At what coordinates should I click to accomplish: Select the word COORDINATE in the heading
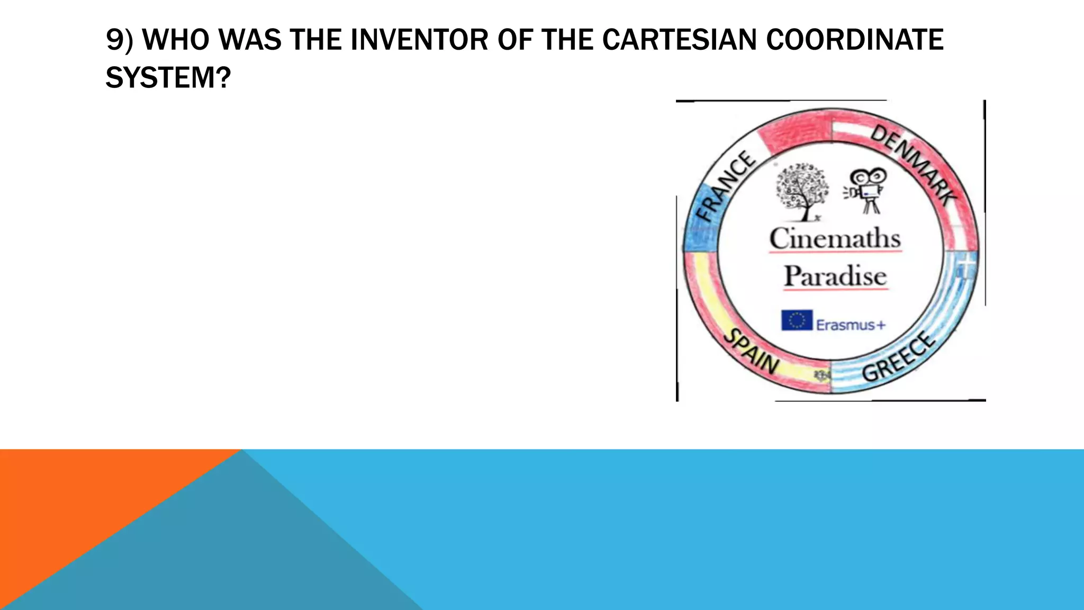pyautogui.click(x=855, y=40)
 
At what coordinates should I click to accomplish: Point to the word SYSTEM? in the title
pyautogui.click(x=168, y=78)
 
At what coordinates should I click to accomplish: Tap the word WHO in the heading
pyautogui.click(x=177, y=40)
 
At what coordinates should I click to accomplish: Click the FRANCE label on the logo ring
pyautogui.click(x=725, y=185)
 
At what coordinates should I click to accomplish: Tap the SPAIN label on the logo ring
pyautogui.click(x=751, y=352)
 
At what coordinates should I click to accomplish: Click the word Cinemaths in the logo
pyautogui.click(x=835, y=238)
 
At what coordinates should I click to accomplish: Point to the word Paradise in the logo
pyautogui.click(x=835, y=276)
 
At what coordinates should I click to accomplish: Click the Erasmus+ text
pyautogui.click(x=851, y=325)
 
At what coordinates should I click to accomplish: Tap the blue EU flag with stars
pyautogui.click(x=797, y=320)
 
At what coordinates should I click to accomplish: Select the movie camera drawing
pyautogui.click(x=866, y=189)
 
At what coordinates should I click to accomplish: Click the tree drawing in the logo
pyautogui.click(x=801, y=191)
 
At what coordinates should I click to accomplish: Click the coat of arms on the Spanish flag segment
pyautogui.click(x=823, y=375)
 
